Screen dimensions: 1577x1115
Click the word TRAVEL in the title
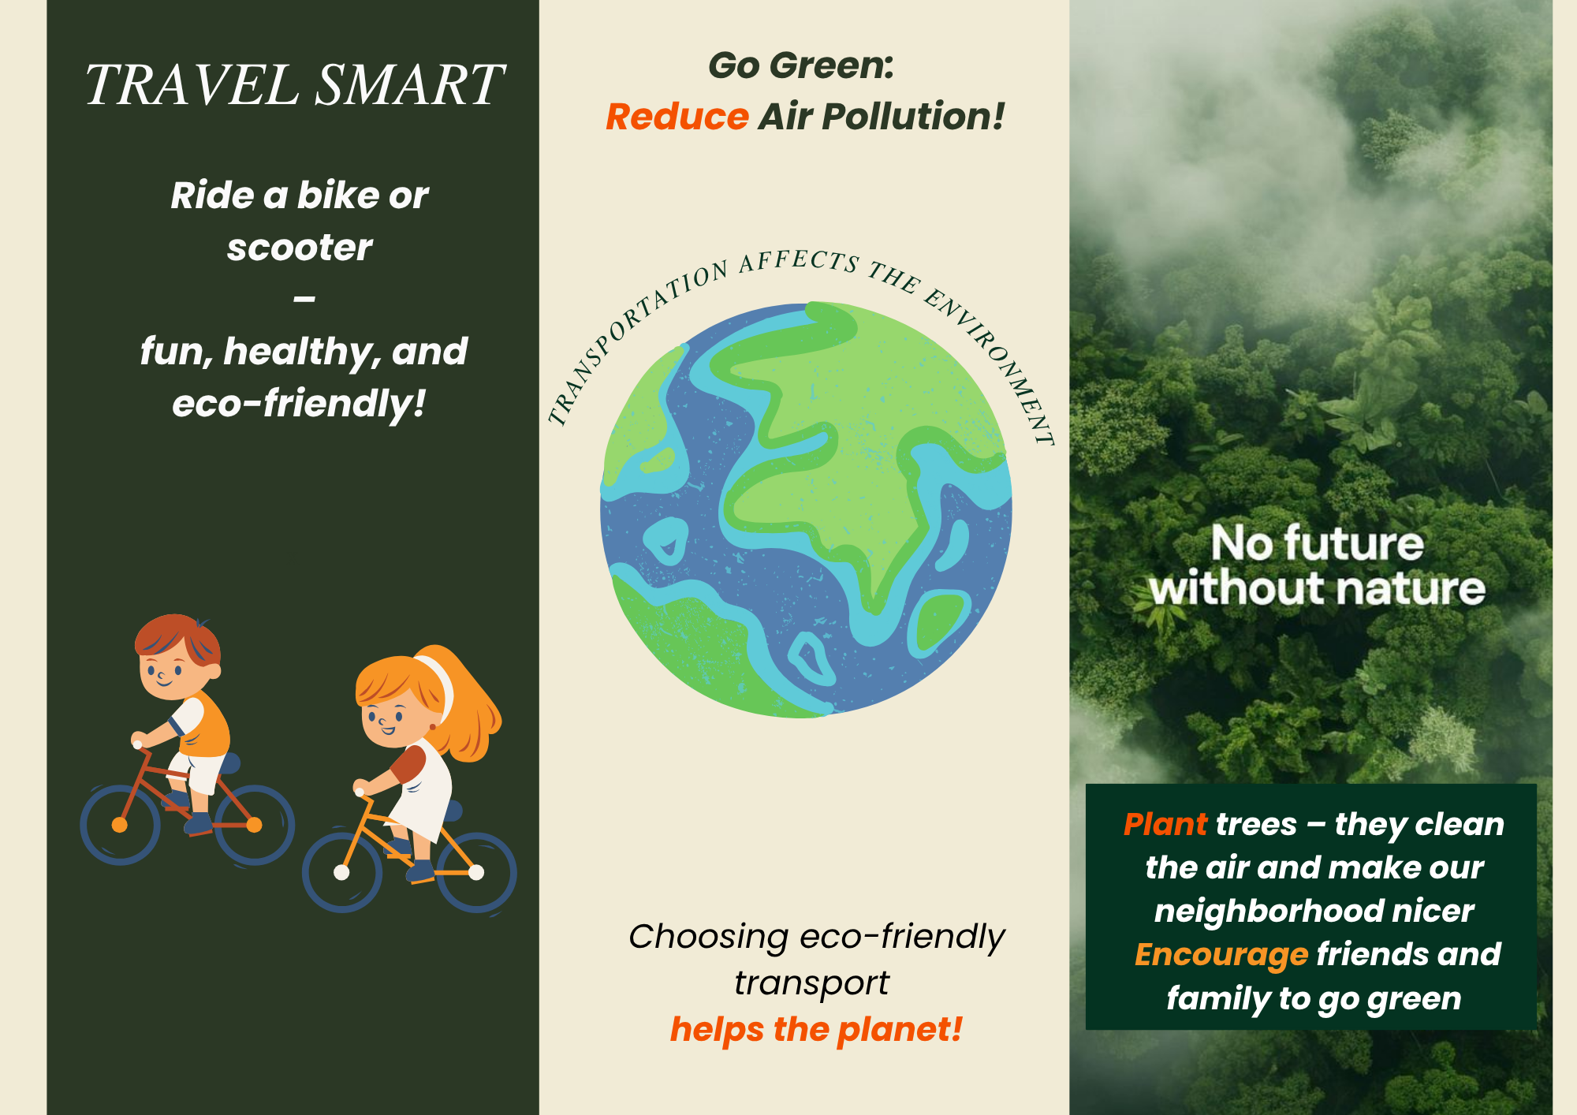[192, 84]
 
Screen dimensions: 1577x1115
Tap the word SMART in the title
[409, 84]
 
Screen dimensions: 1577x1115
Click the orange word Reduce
[677, 117]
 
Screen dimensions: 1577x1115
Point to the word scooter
[300, 248]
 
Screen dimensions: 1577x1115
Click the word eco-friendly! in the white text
[300, 403]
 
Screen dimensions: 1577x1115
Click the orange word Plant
[1165, 825]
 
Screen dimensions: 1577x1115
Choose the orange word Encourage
[1221, 955]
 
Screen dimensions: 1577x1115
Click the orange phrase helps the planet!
[816, 1029]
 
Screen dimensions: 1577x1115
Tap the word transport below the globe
[811, 983]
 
